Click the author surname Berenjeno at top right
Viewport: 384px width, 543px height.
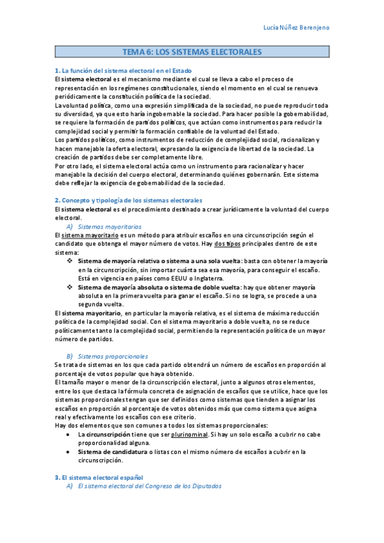click(x=350, y=27)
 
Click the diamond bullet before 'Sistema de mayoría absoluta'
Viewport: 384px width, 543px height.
click(x=70, y=288)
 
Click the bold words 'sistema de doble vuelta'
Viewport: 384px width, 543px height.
click(x=205, y=288)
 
